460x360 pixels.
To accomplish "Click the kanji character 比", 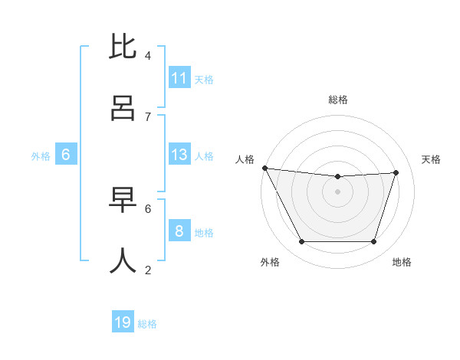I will (x=123, y=47).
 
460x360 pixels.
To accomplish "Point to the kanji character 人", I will (x=123, y=261).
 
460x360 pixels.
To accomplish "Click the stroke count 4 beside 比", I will (x=148, y=56).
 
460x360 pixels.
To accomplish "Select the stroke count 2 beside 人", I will (x=148, y=270).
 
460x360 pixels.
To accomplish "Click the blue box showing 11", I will (x=179, y=78).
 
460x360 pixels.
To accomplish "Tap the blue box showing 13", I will (x=179, y=155).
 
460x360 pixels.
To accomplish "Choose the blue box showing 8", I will (x=179, y=231).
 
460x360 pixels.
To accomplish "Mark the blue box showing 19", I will (x=123, y=322).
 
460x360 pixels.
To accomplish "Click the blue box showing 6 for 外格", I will (x=66, y=155).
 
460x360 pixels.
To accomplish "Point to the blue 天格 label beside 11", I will (x=204, y=79).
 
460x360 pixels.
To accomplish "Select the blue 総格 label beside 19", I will (x=147, y=324).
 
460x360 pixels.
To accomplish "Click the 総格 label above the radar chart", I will (x=338, y=100).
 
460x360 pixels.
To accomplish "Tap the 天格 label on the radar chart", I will (x=431, y=159).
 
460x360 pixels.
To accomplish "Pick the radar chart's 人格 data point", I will (x=264, y=168).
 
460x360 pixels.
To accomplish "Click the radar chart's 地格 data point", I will (x=374, y=242).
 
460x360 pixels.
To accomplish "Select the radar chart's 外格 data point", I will (x=301, y=242).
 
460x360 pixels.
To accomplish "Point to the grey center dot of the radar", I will (x=337, y=191).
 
